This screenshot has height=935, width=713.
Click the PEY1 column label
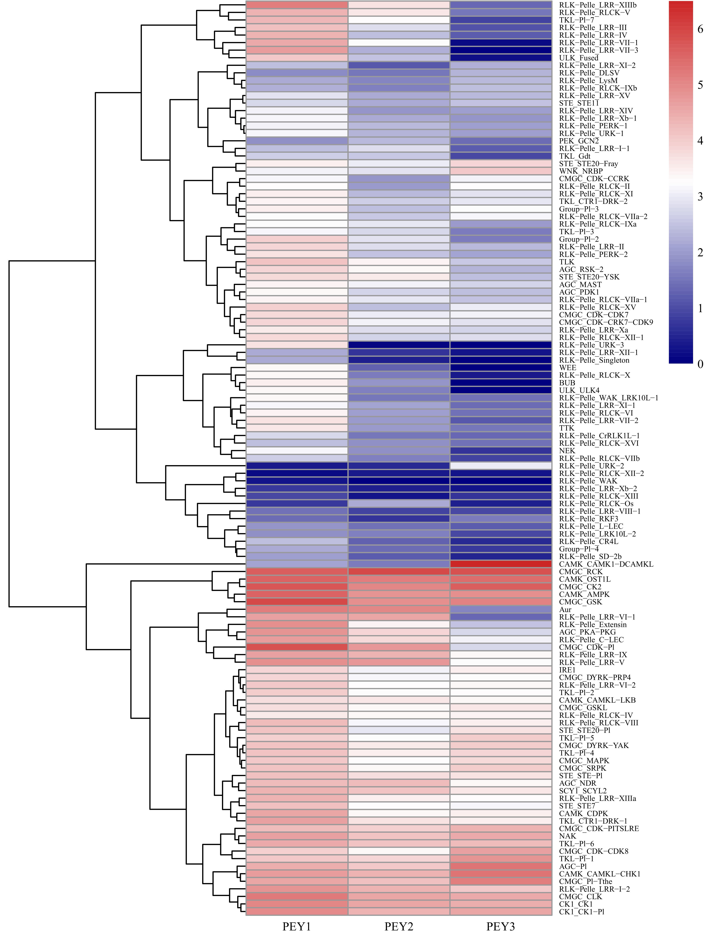pyautogui.click(x=297, y=926)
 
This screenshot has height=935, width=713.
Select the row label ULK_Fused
pyautogui.click(x=578, y=58)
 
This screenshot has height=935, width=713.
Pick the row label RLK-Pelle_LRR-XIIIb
pyautogui.click(x=598, y=5)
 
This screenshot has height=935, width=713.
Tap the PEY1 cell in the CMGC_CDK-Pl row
pyautogui.click(x=297, y=647)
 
